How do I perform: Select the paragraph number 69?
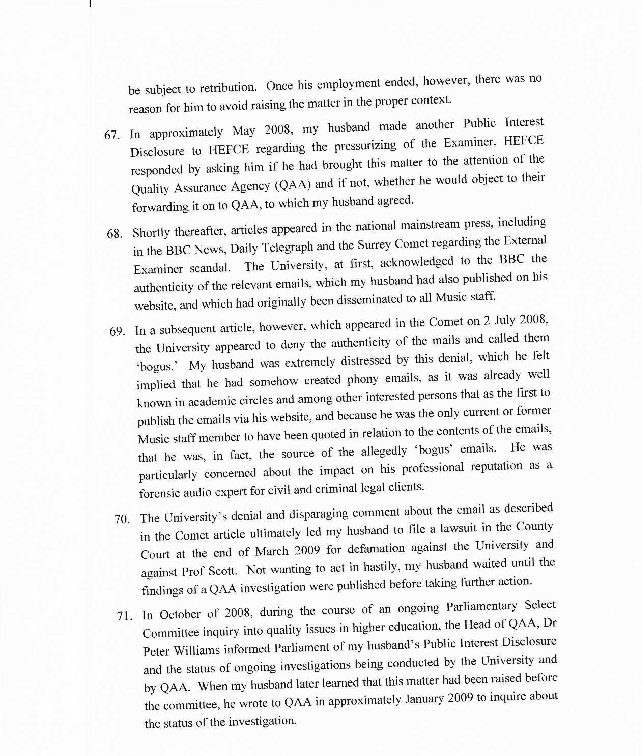click(x=117, y=331)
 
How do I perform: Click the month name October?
click(x=180, y=615)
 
